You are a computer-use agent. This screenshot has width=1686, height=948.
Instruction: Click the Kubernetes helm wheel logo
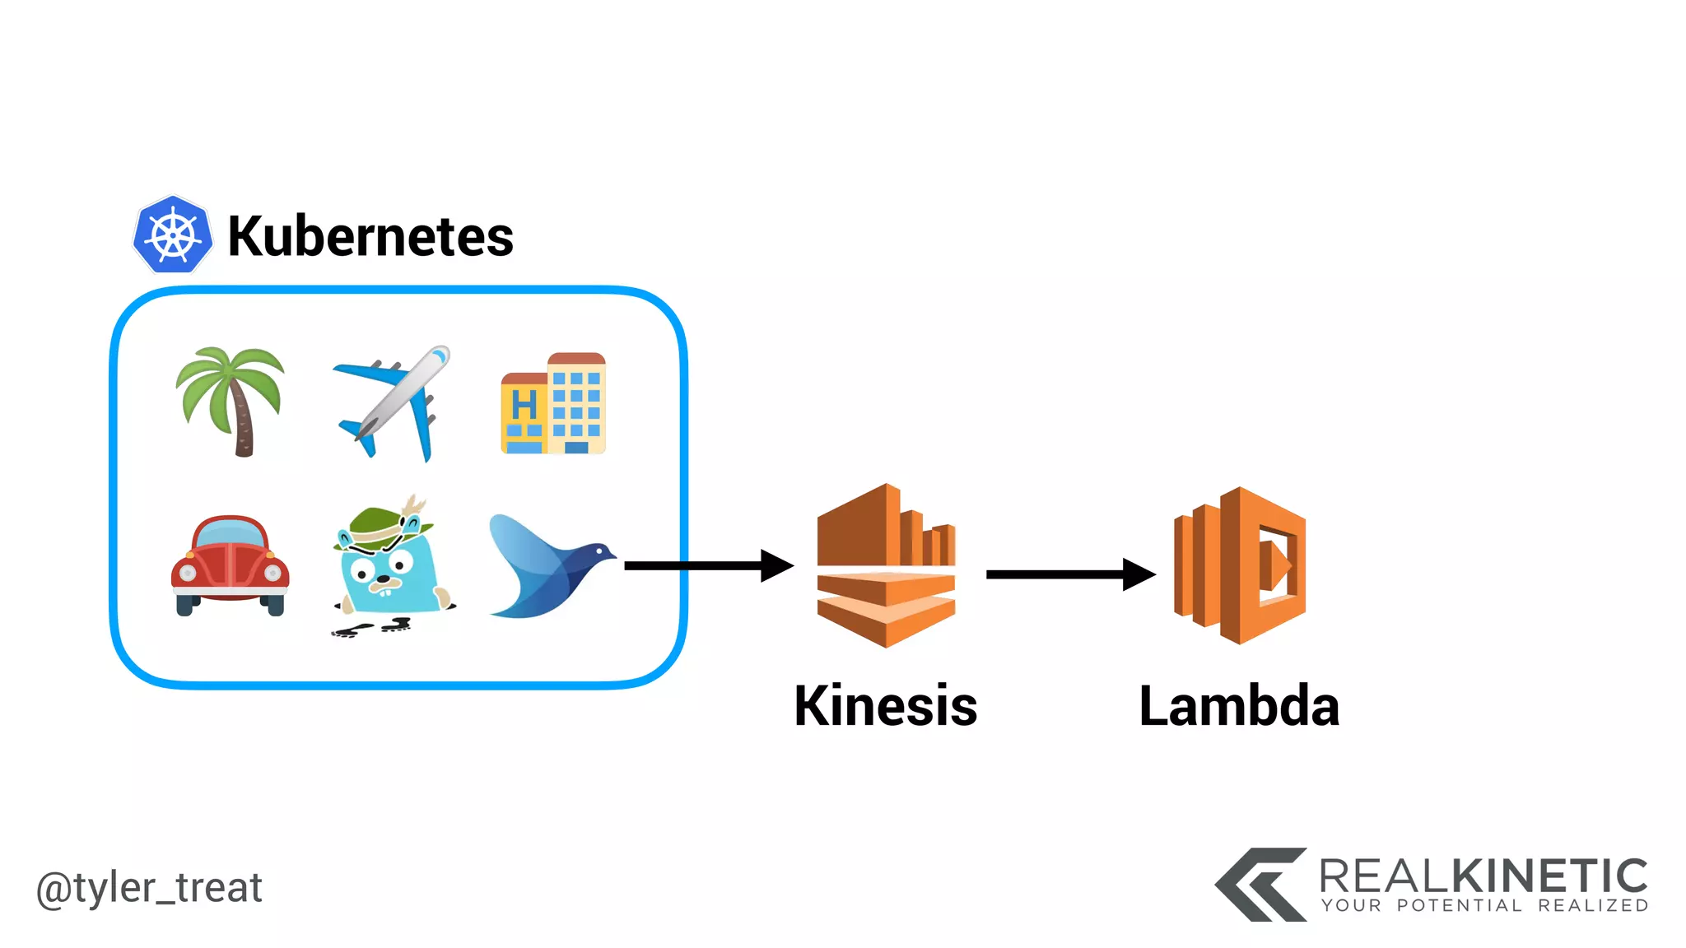173,235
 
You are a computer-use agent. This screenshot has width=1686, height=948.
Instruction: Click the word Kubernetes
370,237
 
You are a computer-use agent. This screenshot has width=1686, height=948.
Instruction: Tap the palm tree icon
231,401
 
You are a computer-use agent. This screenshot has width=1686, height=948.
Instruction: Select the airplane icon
393,402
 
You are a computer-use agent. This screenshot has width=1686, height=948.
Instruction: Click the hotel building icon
553,404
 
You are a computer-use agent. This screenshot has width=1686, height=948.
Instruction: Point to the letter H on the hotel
524,406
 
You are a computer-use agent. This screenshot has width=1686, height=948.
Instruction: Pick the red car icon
230,565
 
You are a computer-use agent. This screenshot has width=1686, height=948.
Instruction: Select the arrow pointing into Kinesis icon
708,566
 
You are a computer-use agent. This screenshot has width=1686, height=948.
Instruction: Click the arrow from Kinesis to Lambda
1070,574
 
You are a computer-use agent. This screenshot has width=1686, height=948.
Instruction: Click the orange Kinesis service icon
886,566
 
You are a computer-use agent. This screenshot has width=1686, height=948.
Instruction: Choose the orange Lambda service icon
1240,566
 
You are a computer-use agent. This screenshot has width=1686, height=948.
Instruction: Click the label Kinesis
886,706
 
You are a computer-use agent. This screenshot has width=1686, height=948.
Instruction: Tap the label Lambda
1239,706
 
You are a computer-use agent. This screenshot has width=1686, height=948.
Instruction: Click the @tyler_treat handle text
149,889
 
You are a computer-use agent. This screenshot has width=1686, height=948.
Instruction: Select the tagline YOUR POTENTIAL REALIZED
1484,906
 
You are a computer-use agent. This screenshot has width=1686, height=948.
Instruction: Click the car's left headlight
188,574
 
